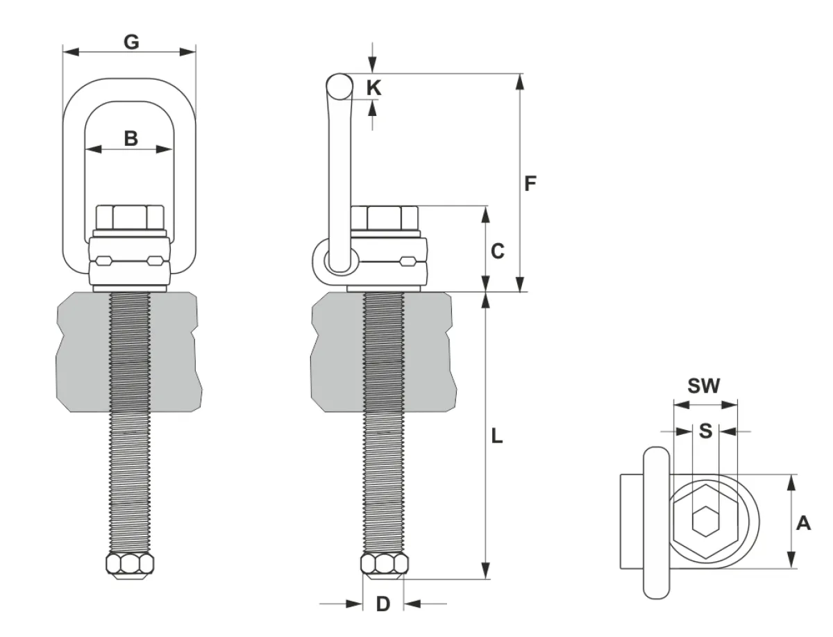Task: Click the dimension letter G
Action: point(131,42)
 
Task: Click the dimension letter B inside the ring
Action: point(131,138)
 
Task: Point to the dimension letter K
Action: point(373,88)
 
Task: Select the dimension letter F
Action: point(530,183)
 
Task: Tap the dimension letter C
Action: point(498,251)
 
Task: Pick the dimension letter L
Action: point(497,436)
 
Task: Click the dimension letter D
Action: point(383,604)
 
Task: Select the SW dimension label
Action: point(704,386)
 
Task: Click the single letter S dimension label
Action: point(705,431)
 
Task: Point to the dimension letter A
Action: point(803,524)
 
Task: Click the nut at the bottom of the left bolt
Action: point(130,566)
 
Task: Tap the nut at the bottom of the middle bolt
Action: point(385,566)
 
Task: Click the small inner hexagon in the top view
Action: point(705,521)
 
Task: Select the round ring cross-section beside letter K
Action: point(339,86)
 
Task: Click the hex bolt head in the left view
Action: point(130,217)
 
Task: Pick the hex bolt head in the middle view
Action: point(385,217)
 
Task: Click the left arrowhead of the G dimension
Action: point(71,52)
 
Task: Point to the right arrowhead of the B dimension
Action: point(164,149)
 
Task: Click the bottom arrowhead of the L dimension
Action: point(485,571)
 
